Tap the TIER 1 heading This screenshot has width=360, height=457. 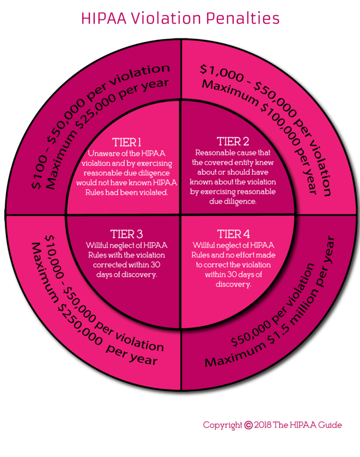pos(127,142)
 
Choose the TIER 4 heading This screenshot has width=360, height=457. pos(232,234)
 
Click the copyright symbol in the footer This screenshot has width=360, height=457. pos(248,425)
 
